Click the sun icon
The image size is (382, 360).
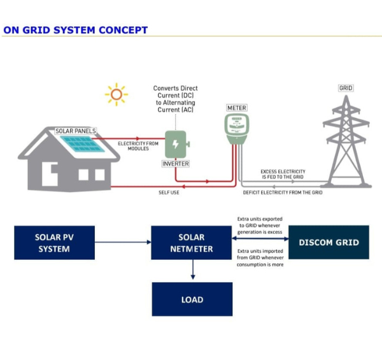(117, 94)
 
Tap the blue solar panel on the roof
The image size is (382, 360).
(82, 144)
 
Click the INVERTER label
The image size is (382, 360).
(176, 164)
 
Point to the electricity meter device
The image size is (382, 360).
(237, 129)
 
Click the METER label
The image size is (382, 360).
(237, 108)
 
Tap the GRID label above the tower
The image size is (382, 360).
(346, 88)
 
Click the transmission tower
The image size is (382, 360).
(346, 141)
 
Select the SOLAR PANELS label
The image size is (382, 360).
(76, 131)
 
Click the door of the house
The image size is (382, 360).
(50, 174)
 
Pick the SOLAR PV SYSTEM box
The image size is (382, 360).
(54, 243)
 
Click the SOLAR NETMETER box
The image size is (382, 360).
(192, 243)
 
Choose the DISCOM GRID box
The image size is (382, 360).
(329, 242)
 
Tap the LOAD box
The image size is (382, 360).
(192, 299)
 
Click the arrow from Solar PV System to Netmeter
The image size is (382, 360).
(123, 242)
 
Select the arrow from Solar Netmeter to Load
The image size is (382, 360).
(193, 270)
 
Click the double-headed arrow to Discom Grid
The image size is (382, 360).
(260, 238)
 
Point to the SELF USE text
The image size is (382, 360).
(169, 192)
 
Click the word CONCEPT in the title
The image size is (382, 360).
(124, 30)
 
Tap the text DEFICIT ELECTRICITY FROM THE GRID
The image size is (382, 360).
(283, 192)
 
